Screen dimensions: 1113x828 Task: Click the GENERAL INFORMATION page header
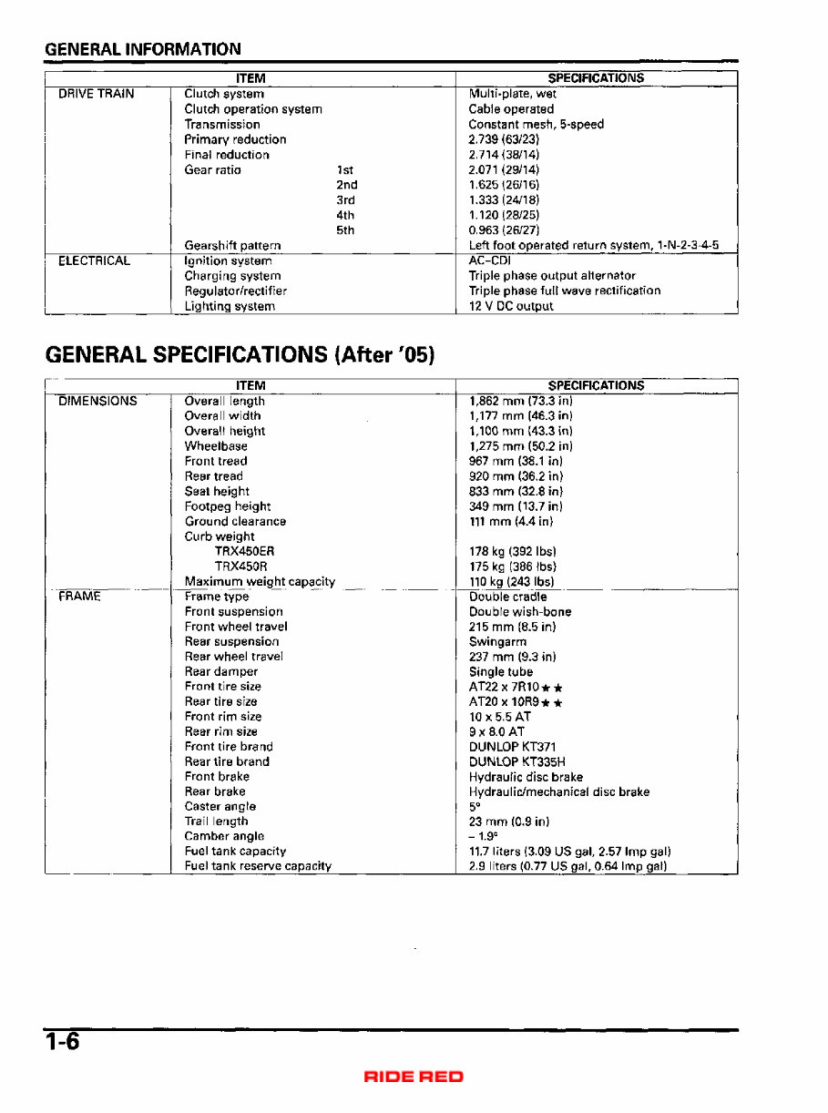point(143,49)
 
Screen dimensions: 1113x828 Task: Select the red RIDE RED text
point(414,1077)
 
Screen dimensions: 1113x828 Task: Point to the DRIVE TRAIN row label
point(97,94)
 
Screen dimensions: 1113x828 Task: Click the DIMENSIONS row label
point(97,401)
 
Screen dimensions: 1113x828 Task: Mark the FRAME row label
point(79,597)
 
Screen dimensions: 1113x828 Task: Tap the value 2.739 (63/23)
point(504,139)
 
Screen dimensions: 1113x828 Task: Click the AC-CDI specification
point(489,260)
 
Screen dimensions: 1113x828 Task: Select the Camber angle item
point(224,836)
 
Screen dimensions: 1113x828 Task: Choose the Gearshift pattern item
point(232,246)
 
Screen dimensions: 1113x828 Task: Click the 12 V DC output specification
point(510,306)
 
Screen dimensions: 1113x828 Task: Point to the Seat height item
point(217,491)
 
